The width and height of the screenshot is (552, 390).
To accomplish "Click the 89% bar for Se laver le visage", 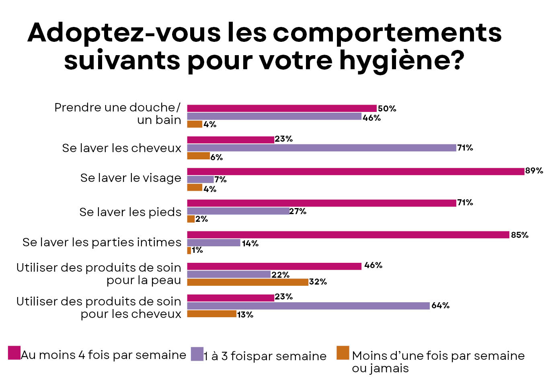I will coord(355,171).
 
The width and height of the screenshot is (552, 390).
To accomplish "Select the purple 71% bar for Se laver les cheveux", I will coord(322,148).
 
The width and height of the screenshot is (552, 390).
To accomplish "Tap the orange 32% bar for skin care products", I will coord(248,282).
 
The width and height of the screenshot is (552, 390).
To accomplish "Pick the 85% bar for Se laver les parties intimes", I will coord(348,235).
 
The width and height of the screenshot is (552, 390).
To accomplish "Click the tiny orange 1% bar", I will coord(189,250).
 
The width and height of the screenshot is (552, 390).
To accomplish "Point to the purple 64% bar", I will coord(308,306).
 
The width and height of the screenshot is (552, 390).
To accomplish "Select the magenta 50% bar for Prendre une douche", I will coord(282,108).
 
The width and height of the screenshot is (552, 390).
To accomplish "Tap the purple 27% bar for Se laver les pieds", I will coord(238,211).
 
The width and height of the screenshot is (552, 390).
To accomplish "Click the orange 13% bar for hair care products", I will coord(211,314).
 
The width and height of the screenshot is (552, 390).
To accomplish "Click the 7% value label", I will coord(220,180).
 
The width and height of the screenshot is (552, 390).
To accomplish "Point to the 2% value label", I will coord(201,219).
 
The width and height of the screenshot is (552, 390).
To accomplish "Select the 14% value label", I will coord(250,243).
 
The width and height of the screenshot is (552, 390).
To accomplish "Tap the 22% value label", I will coord(280,275).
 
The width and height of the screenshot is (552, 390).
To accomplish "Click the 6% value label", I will coord(216,157).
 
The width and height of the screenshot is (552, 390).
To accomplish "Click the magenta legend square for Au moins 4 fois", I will coord(14,353).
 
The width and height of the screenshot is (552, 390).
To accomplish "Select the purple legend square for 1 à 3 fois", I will coord(197,354).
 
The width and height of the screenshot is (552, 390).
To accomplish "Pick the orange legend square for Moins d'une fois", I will coord(343,353).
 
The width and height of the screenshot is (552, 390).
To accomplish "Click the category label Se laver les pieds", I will coord(130,212).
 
